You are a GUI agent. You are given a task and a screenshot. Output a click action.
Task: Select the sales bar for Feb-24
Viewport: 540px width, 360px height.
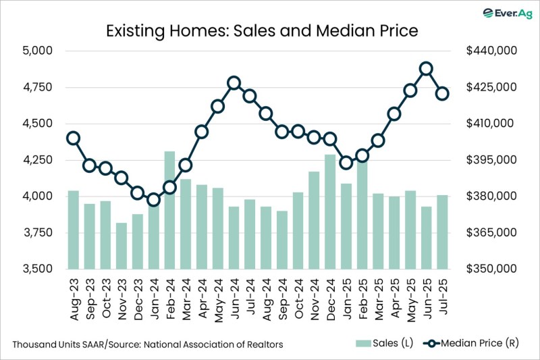click(169, 209)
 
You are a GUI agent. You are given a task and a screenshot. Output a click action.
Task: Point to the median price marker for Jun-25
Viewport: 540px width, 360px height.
click(426, 68)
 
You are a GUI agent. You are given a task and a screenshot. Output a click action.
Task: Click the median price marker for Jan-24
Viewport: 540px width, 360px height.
click(153, 199)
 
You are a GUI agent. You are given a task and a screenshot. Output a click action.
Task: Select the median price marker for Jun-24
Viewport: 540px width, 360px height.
click(234, 83)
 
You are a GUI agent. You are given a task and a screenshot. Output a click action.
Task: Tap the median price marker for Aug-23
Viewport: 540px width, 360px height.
click(74, 138)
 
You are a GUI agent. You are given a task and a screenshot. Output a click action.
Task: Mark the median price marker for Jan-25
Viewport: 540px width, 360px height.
click(346, 162)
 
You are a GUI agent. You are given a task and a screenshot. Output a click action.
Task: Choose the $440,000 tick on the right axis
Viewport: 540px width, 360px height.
click(491, 51)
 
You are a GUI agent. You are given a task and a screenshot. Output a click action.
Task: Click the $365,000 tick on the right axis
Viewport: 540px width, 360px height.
click(491, 232)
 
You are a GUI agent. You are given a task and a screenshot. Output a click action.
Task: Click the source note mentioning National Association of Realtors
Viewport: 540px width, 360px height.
click(147, 344)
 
